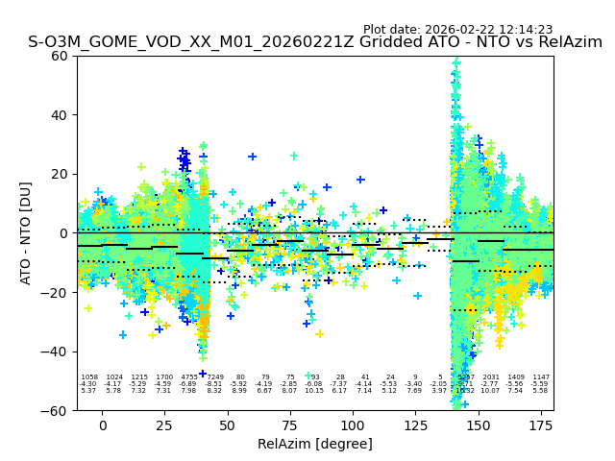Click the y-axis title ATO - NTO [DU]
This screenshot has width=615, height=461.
[26, 233]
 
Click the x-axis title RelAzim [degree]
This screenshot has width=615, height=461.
[314, 444]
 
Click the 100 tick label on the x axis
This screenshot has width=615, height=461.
[353, 425]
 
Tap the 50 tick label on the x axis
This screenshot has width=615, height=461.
[228, 425]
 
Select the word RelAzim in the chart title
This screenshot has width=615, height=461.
[563, 42]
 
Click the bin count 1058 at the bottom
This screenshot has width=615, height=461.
[89, 377]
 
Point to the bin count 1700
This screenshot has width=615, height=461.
[164, 377]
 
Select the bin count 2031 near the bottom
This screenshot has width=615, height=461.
[491, 377]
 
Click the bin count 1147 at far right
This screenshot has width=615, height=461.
[541, 377]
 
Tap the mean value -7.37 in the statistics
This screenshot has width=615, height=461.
[339, 384]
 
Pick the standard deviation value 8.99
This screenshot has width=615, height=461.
[239, 391]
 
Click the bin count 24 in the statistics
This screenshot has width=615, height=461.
[389, 377]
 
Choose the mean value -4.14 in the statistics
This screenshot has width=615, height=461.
[364, 384]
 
